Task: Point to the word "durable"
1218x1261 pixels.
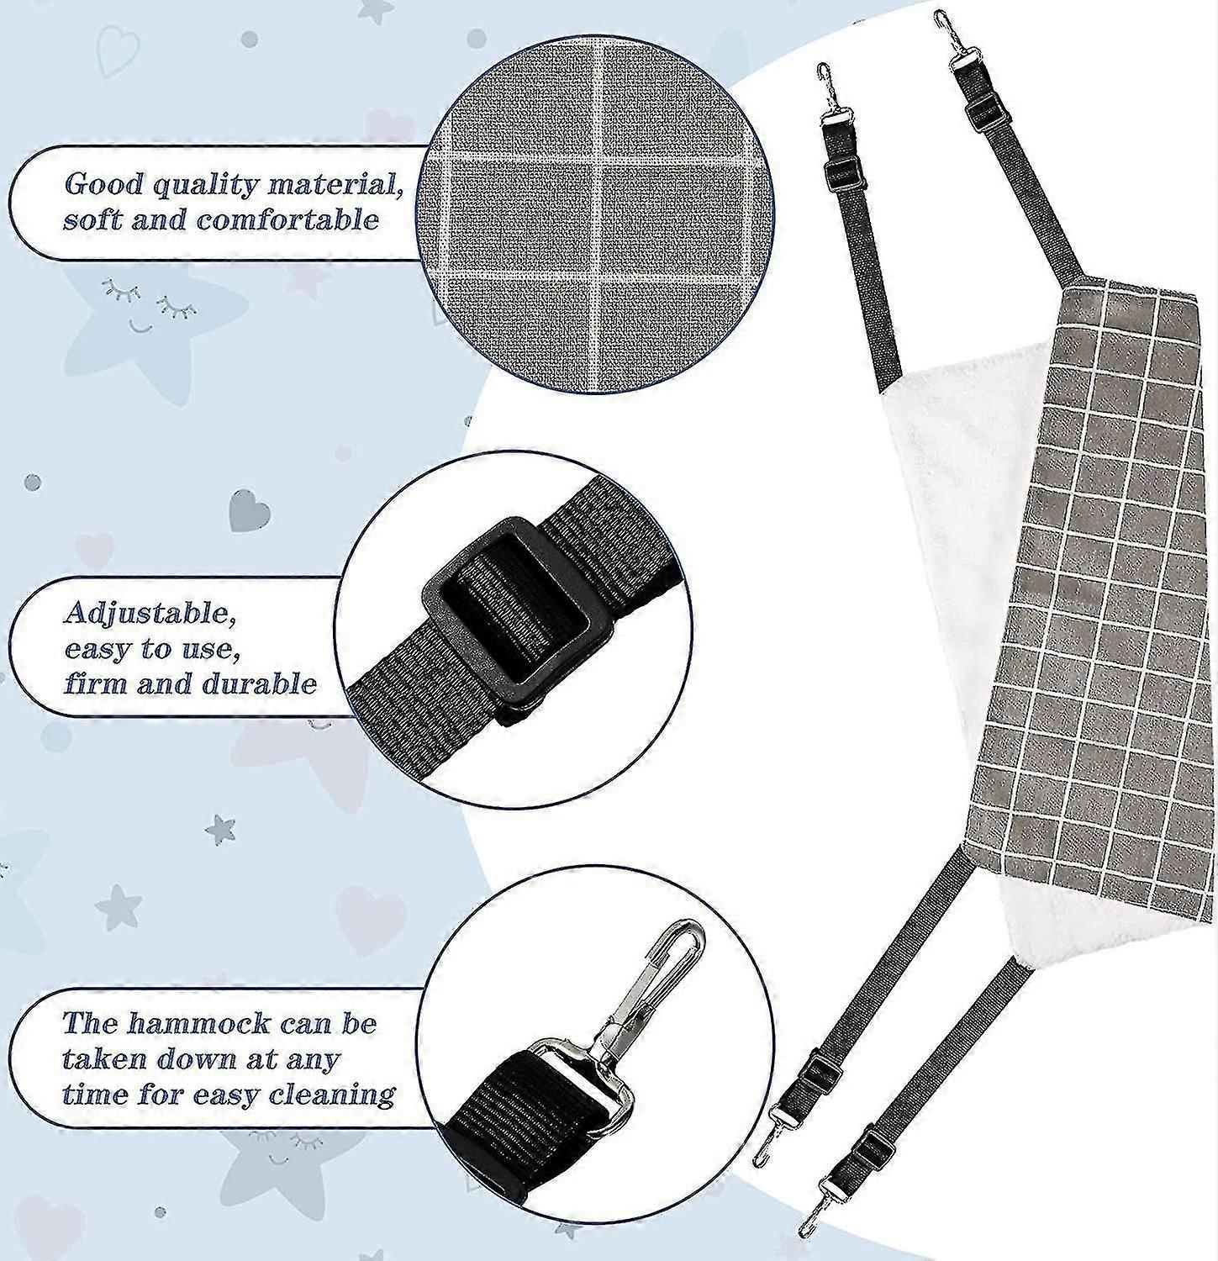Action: (x=258, y=683)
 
